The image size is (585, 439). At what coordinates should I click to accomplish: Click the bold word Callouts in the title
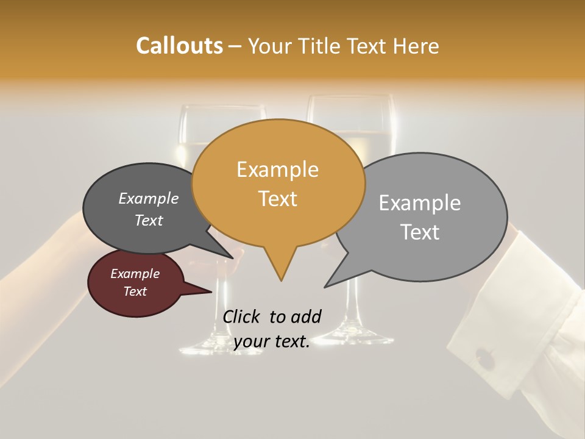pos(179,46)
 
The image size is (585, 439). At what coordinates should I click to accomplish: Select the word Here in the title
pos(416,46)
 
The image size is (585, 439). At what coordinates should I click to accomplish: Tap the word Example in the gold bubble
pos(277,170)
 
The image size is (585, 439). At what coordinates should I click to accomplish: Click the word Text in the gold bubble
pos(277,199)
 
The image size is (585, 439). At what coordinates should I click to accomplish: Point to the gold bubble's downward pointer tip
pos(281,280)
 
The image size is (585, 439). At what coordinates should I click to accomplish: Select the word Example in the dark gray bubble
pos(149,198)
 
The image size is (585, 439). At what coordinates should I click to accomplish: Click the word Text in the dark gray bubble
pos(149,220)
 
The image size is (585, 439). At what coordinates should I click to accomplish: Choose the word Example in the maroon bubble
pos(135,274)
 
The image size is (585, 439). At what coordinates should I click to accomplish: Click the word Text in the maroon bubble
pos(135,291)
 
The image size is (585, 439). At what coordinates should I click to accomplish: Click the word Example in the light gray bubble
pos(420,203)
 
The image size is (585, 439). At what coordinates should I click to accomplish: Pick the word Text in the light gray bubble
pos(420,232)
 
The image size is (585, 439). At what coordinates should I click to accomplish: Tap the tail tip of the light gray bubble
pos(325,286)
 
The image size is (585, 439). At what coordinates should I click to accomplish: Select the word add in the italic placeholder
pos(305,316)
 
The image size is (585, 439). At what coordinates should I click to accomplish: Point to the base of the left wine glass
pos(207,349)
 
